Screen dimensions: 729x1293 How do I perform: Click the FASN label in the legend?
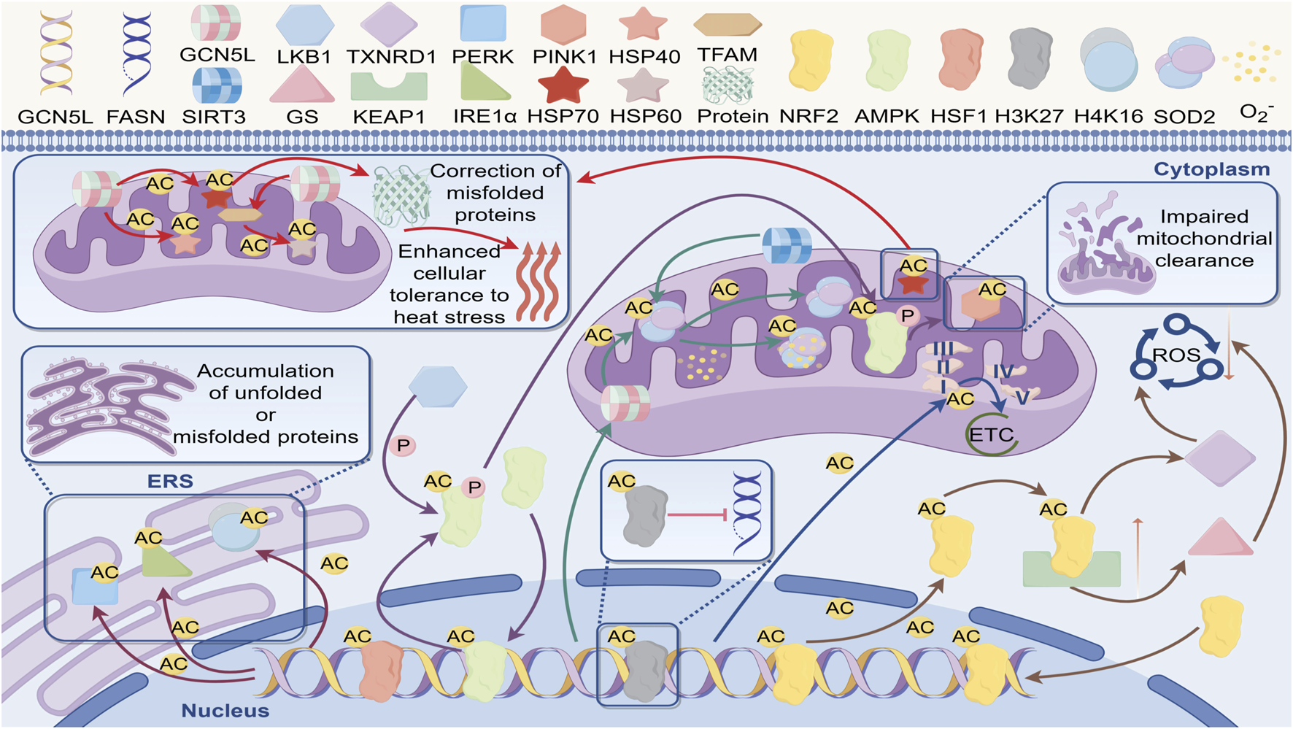(x=136, y=117)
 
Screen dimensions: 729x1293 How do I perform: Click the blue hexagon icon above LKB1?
(x=304, y=24)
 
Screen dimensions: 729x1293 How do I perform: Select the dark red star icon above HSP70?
(x=563, y=85)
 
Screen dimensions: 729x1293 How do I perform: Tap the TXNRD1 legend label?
(x=391, y=57)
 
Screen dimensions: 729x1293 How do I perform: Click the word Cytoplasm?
(x=1211, y=169)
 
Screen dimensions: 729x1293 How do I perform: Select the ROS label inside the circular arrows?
(x=1176, y=355)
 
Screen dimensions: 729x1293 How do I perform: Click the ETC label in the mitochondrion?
(x=991, y=436)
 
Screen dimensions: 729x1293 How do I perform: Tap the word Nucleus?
(x=225, y=711)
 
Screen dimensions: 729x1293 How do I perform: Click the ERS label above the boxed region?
(x=170, y=482)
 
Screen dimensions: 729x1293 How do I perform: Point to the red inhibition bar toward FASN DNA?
(x=697, y=516)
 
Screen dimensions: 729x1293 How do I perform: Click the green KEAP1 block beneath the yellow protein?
(x=1071, y=570)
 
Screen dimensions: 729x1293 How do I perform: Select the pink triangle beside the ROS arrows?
(x=1220, y=538)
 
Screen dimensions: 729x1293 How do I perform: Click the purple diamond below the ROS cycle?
(x=1219, y=458)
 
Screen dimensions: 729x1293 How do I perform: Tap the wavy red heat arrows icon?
(x=538, y=282)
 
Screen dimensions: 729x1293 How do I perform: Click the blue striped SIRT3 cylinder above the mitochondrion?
(x=787, y=245)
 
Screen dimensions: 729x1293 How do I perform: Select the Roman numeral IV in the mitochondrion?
(x=1003, y=371)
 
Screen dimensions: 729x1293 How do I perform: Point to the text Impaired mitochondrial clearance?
(x=1204, y=239)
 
